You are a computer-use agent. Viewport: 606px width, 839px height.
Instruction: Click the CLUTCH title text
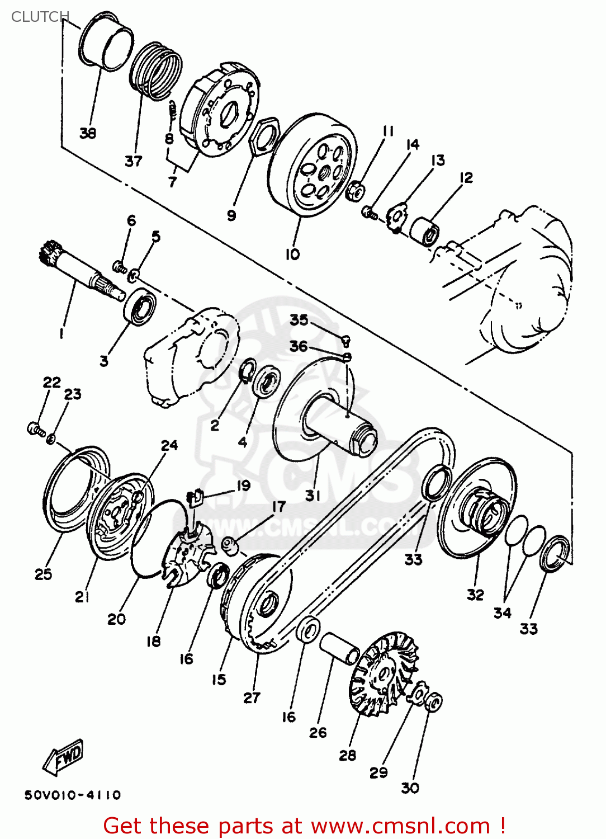click(x=40, y=17)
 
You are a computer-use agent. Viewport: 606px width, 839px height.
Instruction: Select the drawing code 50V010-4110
click(x=73, y=795)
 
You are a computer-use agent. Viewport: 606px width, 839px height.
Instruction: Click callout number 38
click(x=88, y=133)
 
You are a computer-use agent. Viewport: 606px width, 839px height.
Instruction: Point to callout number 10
click(x=292, y=254)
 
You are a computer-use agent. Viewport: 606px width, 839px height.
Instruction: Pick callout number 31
click(x=313, y=496)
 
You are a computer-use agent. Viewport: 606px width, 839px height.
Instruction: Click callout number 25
click(x=43, y=574)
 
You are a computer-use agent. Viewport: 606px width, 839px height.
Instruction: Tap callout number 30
click(x=410, y=788)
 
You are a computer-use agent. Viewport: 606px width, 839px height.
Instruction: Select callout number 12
click(x=466, y=178)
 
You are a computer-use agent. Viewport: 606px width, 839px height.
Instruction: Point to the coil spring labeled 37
click(x=156, y=70)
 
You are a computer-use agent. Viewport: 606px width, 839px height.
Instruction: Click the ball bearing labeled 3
click(x=140, y=307)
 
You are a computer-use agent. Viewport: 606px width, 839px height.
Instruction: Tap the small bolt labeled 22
click(x=35, y=430)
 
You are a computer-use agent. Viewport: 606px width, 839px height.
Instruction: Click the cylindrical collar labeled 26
click(x=339, y=648)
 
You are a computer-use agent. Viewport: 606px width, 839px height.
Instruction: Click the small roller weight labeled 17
click(x=230, y=544)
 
